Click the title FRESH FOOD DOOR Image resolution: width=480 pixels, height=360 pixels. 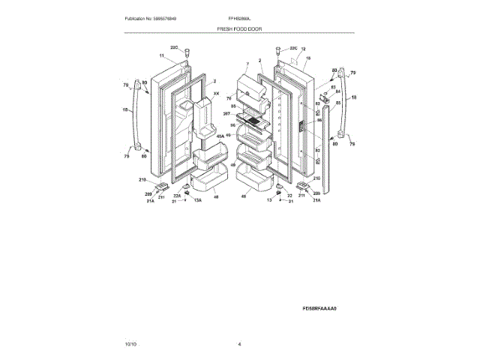(239, 28)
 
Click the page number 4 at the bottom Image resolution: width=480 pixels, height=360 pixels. (239, 343)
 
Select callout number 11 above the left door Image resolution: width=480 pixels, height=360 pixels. (160, 56)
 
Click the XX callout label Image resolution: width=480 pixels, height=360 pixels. (217, 94)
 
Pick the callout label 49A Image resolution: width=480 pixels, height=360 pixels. (220, 136)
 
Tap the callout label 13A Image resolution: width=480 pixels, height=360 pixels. (199, 201)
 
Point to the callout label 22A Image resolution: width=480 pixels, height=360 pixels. (177, 195)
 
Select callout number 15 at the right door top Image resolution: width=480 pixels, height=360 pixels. (307, 58)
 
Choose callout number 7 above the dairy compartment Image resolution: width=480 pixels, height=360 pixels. (246, 65)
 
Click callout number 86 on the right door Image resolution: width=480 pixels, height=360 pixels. (318, 119)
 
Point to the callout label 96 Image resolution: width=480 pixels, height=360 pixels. (233, 125)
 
